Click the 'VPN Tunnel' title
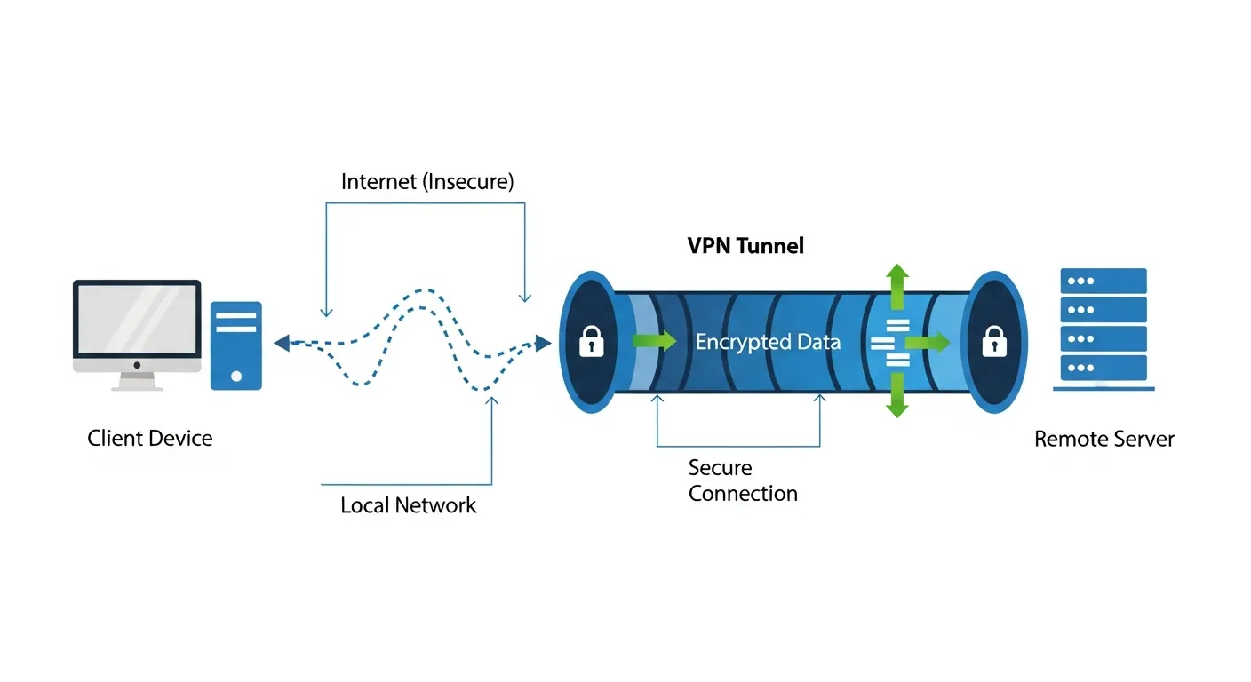tap(745, 246)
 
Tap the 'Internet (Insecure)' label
tap(427, 182)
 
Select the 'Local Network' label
tap(408, 505)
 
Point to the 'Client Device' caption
tap(150, 438)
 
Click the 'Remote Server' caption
tap(1104, 439)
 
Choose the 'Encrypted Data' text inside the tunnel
tap(768, 342)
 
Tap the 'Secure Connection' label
tap(743, 480)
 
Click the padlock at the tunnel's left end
tap(591, 342)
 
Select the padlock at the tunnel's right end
tap(993, 342)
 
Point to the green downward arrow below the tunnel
tap(897, 396)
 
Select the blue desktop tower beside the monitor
tap(236, 345)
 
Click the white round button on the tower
tap(236, 376)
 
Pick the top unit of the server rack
tap(1104, 282)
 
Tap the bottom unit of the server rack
tap(1104, 367)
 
